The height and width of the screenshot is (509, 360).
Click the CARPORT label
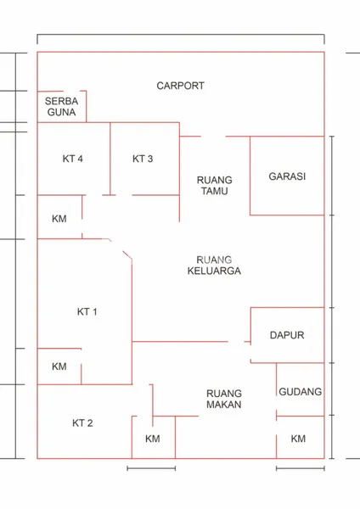(180, 86)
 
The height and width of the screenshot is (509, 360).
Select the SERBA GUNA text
(62, 106)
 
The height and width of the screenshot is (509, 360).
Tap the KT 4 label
(71, 159)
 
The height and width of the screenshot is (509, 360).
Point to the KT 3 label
(143, 159)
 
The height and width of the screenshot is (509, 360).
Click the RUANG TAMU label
(214, 186)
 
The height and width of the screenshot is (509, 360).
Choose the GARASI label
(287, 177)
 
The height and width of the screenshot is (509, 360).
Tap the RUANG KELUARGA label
(214, 266)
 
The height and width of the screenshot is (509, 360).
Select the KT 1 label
(87, 312)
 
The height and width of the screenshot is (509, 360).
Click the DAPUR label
(286, 335)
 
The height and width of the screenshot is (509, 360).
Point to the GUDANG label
(300, 392)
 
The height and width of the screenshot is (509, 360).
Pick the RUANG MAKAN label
(224, 399)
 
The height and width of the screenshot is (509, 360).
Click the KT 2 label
(82, 423)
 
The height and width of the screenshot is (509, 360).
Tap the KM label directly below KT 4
(59, 219)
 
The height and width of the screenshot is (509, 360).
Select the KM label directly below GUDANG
(298, 439)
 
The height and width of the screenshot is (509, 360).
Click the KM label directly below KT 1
(59, 366)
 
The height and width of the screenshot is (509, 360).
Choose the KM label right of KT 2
(152, 439)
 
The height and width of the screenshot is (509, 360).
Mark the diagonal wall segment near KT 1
(126, 255)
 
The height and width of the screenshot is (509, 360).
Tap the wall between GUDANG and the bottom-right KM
(301, 417)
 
